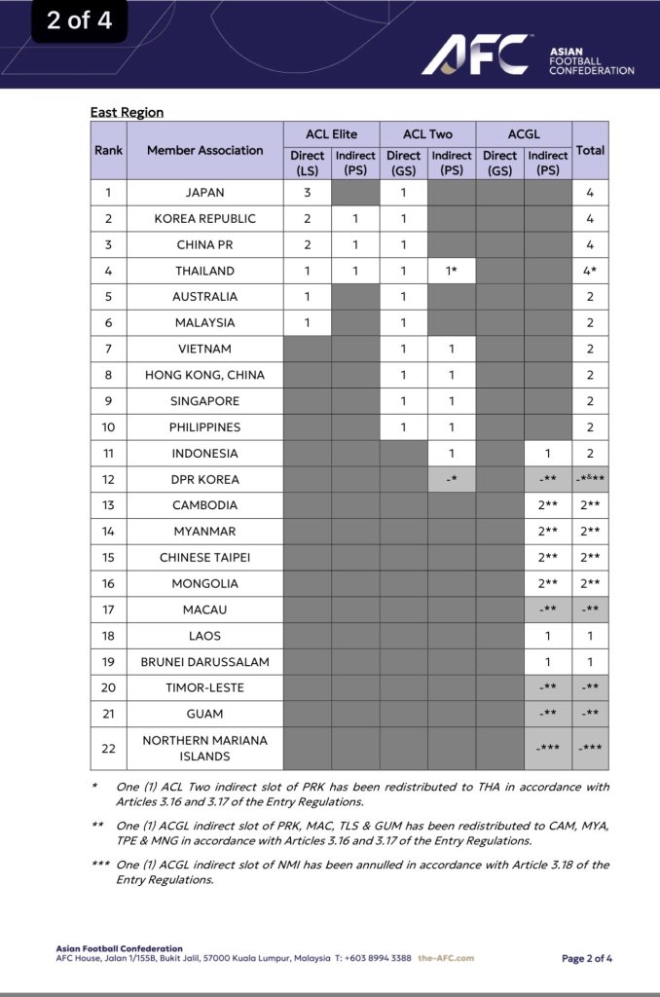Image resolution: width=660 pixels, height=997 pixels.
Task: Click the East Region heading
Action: [127, 112]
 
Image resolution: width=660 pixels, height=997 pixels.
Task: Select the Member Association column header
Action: [204, 150]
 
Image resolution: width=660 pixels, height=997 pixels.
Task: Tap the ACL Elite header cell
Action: [331, 133]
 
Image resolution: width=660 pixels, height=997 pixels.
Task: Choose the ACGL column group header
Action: [524, 133]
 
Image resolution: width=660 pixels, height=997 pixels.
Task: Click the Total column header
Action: [590, 150]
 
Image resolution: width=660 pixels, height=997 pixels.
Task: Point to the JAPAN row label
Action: [204, 193]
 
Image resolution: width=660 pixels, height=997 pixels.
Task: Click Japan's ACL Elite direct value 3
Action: [307, 193]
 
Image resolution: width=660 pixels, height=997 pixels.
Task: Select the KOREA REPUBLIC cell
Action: [204, 219]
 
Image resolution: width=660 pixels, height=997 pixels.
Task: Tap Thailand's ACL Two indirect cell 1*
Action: [452, 271]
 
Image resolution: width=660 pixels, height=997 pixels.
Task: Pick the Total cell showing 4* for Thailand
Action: [590, 271]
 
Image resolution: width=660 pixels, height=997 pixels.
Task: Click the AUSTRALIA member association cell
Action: [204, 297]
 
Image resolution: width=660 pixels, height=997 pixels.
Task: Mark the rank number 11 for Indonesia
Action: [108, 453]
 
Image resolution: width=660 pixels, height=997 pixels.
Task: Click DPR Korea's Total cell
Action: [590, 479]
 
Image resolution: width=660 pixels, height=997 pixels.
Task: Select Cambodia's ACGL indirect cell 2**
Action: [548, 505]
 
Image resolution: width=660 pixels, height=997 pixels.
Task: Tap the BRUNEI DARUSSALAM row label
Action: [204, 662]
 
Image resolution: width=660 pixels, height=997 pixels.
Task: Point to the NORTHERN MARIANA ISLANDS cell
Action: [204, 748]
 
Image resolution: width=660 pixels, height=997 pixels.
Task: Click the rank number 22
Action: [108, 748]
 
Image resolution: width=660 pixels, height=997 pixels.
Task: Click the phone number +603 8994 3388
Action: [374, 958]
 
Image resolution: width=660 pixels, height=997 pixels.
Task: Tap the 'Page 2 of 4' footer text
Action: [587, 958]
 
